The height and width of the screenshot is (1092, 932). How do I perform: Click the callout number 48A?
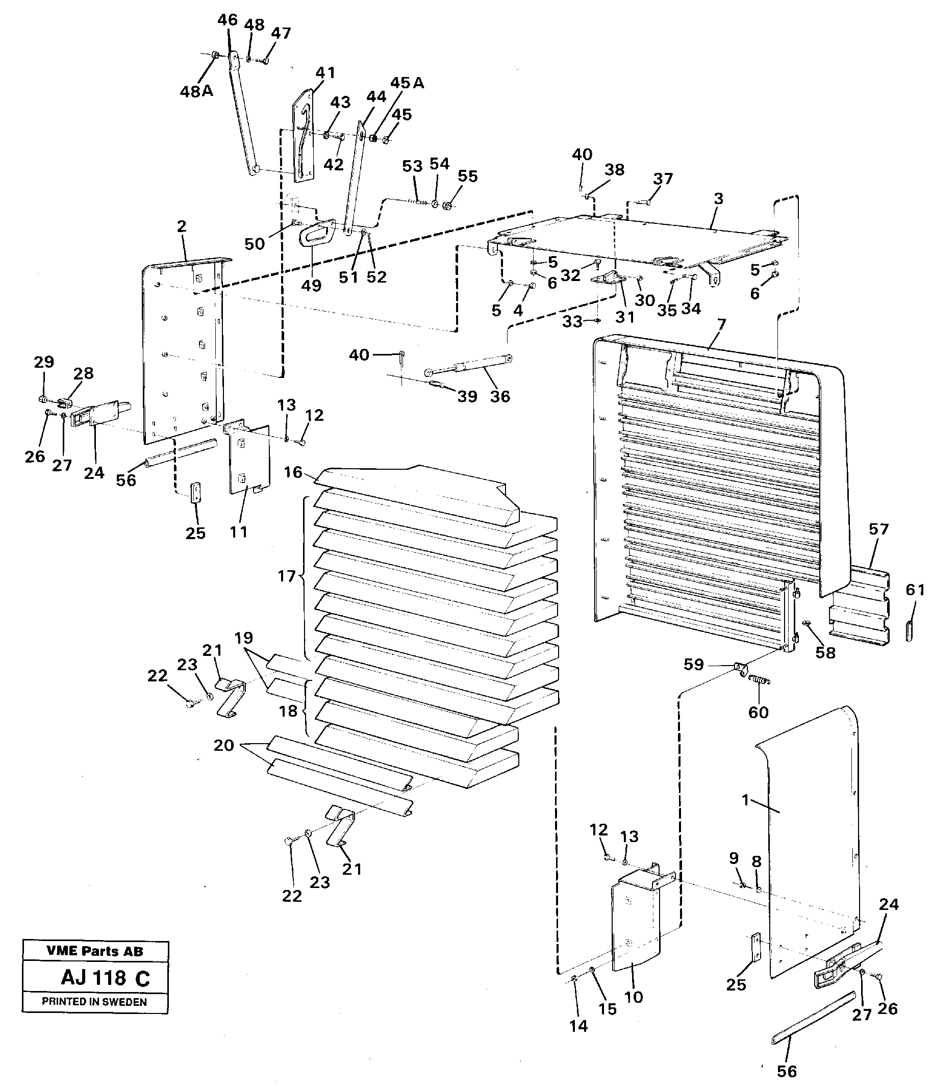196,92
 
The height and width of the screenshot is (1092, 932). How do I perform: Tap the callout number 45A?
407,83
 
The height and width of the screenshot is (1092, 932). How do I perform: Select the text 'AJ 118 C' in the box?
106,978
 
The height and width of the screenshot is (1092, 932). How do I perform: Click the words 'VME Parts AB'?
95,951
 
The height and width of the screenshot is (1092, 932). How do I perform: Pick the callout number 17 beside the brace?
287,576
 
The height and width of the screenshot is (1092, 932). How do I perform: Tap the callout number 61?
915,590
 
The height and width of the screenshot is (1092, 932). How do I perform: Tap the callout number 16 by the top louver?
293,472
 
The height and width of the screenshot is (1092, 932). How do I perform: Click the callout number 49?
311,285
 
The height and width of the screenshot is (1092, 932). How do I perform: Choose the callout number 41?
325,73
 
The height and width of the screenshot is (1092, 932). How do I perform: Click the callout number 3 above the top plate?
718,199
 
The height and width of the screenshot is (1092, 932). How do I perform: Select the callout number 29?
44,362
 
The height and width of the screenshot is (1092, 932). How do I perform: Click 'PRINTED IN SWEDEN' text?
94,1002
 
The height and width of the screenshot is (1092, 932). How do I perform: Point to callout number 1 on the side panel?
745,800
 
